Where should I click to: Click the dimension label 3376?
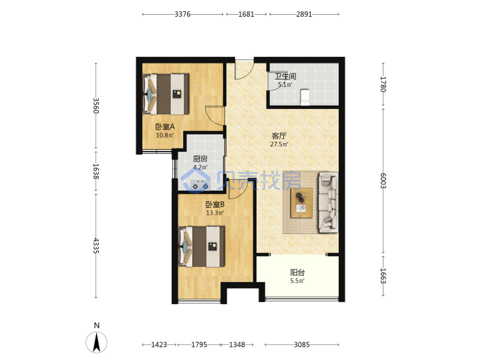[x=182, y=14]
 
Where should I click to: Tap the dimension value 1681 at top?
[x=246, y=14]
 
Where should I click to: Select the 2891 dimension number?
[x=304, y=14]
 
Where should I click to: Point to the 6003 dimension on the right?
[x=383, y=180]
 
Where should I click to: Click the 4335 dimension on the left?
[x=96, y=245]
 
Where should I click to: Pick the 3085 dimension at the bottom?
[x=301, y=345]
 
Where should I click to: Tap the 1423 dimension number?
[x=159, y=345]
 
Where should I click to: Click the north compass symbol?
[x=97, y=342]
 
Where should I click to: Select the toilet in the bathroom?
[x=305, y=97]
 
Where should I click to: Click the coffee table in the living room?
[x=301, y=203]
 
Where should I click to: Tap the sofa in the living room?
[x=328, y=202]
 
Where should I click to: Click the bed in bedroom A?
[x=166, y=94]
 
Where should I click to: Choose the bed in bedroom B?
[x=202, y=247]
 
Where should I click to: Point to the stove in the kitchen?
[x=200, y=185]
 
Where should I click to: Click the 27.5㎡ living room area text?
[x=279, y=144]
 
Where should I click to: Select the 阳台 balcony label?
[x=297, y=272]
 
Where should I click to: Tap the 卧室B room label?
[x=214, y=205]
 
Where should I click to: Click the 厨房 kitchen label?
[x=200, y=159]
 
